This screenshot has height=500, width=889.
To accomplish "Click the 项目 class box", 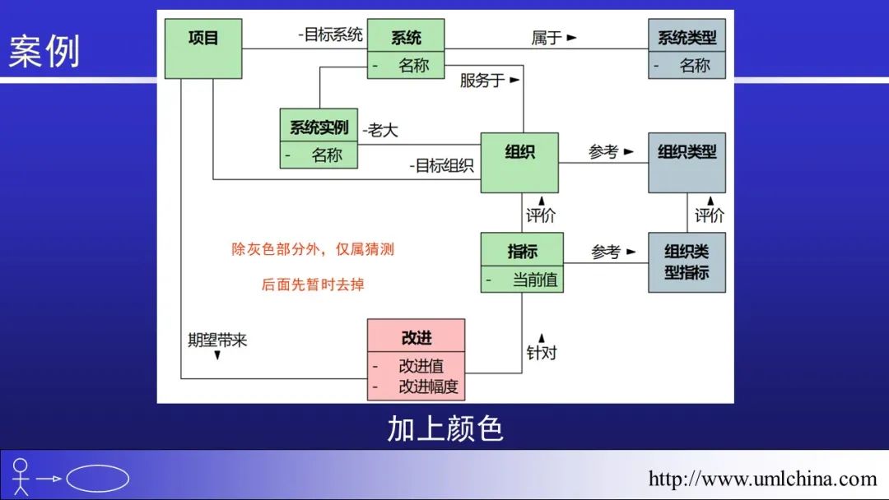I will (203, 49).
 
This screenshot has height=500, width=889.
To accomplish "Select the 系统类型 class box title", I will (687, 38).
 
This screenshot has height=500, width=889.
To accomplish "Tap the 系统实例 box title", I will (319, 127).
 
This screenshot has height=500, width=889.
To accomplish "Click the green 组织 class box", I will (519, 163).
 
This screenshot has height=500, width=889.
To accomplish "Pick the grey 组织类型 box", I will (687, 163).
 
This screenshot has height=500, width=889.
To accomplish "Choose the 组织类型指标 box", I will (687, 262).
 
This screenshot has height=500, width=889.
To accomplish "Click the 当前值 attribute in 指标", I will (534, 280).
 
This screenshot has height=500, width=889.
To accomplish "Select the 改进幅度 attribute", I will (428, 387).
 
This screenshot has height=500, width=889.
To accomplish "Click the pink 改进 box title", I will (417, 338).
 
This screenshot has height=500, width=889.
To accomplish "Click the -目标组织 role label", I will (442, 165).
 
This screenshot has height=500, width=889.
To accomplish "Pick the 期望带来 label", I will (217, 340).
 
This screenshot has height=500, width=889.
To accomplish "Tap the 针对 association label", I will (542, 352).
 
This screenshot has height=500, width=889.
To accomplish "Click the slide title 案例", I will (44, 52).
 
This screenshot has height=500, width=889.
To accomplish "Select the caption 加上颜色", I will (444, 428).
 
